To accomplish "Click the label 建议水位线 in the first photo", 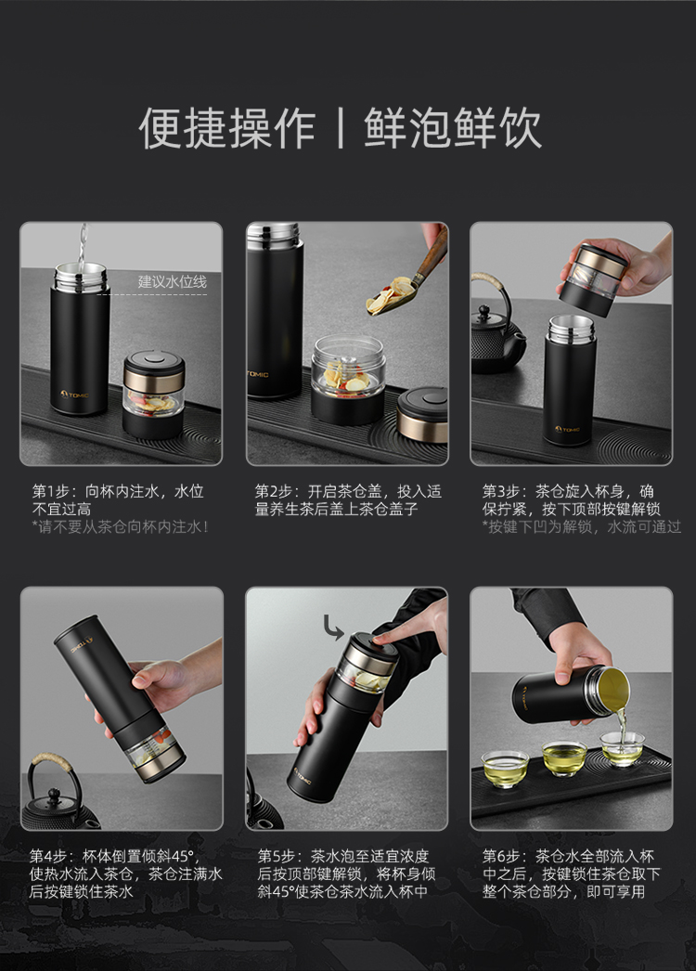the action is pos(172,282).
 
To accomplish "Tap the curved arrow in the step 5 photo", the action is pos(332,628).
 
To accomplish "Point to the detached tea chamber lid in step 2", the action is pos(423,414).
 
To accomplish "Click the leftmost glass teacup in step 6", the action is pos(505,768).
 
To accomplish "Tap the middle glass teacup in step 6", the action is pos(564,758).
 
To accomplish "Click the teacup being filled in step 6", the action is pos(623,749).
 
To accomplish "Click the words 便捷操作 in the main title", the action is pos(227,128).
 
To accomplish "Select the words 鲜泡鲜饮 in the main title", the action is pos(453,128).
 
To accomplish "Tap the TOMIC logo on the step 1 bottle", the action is pos(74,394).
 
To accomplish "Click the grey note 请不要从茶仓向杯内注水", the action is pos(121,527).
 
